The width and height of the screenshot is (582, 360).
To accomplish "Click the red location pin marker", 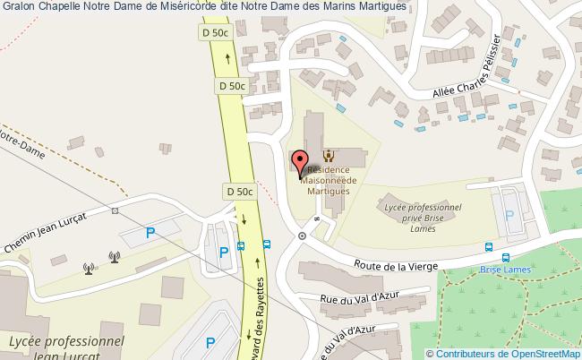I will point(298,162).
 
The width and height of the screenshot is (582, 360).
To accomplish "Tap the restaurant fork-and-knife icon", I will point(327,155).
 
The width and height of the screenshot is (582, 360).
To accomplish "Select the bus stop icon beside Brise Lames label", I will point(489,249).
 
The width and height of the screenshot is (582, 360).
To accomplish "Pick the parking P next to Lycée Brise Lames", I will point(509,215).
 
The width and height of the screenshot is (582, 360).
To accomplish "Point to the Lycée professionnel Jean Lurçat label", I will point(65,347).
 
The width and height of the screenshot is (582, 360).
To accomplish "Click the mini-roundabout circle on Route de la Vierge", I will point(303,236).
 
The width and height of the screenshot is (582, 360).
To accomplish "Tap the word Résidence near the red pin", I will point(329,169).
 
